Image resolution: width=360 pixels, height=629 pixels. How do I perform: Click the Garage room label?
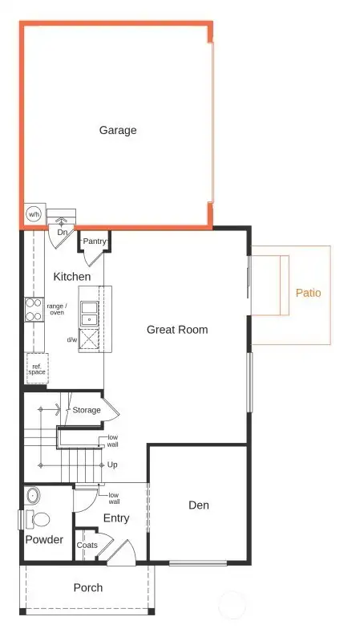118,130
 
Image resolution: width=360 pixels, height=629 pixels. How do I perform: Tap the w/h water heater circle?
34,214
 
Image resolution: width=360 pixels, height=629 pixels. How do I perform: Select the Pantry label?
95,241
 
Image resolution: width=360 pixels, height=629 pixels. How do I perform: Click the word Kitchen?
72,277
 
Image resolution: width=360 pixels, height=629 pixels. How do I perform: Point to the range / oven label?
57,309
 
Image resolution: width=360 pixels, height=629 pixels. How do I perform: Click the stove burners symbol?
34,309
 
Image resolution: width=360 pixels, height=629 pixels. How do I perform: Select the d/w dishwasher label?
72,339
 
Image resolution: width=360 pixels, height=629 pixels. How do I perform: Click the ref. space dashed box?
37,368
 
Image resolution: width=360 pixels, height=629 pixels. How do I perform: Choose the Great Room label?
177,330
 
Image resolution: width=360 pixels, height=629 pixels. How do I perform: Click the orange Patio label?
308,293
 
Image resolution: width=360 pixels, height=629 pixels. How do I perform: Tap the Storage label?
87,410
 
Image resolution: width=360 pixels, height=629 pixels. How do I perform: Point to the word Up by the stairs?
112,465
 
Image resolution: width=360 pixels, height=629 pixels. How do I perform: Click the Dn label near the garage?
62,233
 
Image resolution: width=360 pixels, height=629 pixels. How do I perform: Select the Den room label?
199,505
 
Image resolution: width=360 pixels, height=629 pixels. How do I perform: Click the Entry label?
116,518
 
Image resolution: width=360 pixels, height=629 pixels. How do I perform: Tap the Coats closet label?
87,546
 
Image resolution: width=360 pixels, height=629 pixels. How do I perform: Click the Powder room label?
44,540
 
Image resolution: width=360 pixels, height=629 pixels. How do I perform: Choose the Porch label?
88,587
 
